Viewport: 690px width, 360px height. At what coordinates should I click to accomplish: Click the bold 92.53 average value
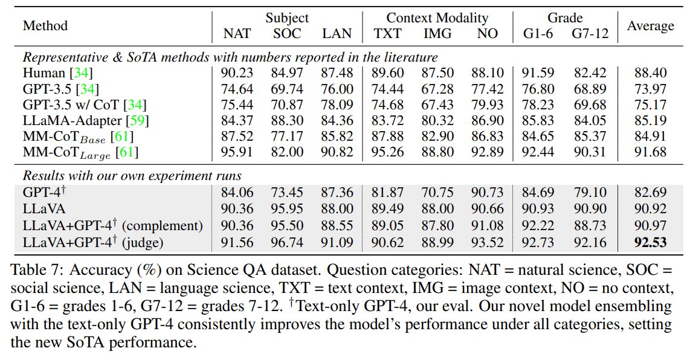pos(650,242)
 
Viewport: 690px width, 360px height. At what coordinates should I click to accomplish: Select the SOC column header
pos(287,34)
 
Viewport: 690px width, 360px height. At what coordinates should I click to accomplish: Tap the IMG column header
pos(437,34)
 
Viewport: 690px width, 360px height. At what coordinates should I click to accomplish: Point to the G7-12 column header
pos(590,34)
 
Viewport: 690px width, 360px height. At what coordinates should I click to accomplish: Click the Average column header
pos(650,26)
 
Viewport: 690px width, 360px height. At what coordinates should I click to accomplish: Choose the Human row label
pos(57,72)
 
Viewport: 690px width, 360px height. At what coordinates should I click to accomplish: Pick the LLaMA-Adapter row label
pos(86,121)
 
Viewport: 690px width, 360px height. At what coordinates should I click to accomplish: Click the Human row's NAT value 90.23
pos(237,72)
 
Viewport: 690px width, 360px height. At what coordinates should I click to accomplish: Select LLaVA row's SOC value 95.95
pos(287,208)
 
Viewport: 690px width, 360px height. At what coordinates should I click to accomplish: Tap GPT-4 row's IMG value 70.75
pos(437,193)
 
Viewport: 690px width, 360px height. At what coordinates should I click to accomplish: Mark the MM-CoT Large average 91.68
pos(650,152)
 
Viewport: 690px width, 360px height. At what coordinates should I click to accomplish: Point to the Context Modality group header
pos(437,18)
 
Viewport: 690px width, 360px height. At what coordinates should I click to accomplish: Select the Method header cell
pos(45,26)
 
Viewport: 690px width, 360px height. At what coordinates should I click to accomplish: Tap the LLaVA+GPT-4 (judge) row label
pos(93,242)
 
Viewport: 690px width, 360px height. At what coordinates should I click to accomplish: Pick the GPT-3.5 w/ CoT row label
pos(85,104)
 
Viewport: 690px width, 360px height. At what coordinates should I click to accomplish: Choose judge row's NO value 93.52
pos(488,242)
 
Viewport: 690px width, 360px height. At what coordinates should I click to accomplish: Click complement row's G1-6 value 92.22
pos(538,225)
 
